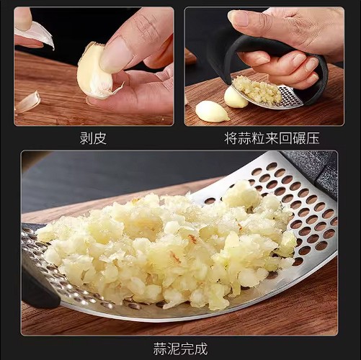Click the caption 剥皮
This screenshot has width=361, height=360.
coord(93,138)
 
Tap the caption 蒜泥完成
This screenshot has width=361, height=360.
coord(180,348)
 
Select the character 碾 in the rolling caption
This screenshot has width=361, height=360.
coord(298,138)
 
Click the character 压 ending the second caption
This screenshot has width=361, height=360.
coord(313,138)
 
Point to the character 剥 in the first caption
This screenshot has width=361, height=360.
coord(86,138)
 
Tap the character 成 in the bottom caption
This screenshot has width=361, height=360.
coord(201,348)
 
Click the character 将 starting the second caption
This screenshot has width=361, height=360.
coord(231,138)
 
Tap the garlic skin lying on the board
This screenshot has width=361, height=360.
coord(27,102)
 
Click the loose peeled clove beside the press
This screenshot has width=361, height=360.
coord(211,111)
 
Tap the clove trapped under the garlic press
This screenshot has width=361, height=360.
coord(234,98)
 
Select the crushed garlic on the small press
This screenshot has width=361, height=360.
coord(258,89)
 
